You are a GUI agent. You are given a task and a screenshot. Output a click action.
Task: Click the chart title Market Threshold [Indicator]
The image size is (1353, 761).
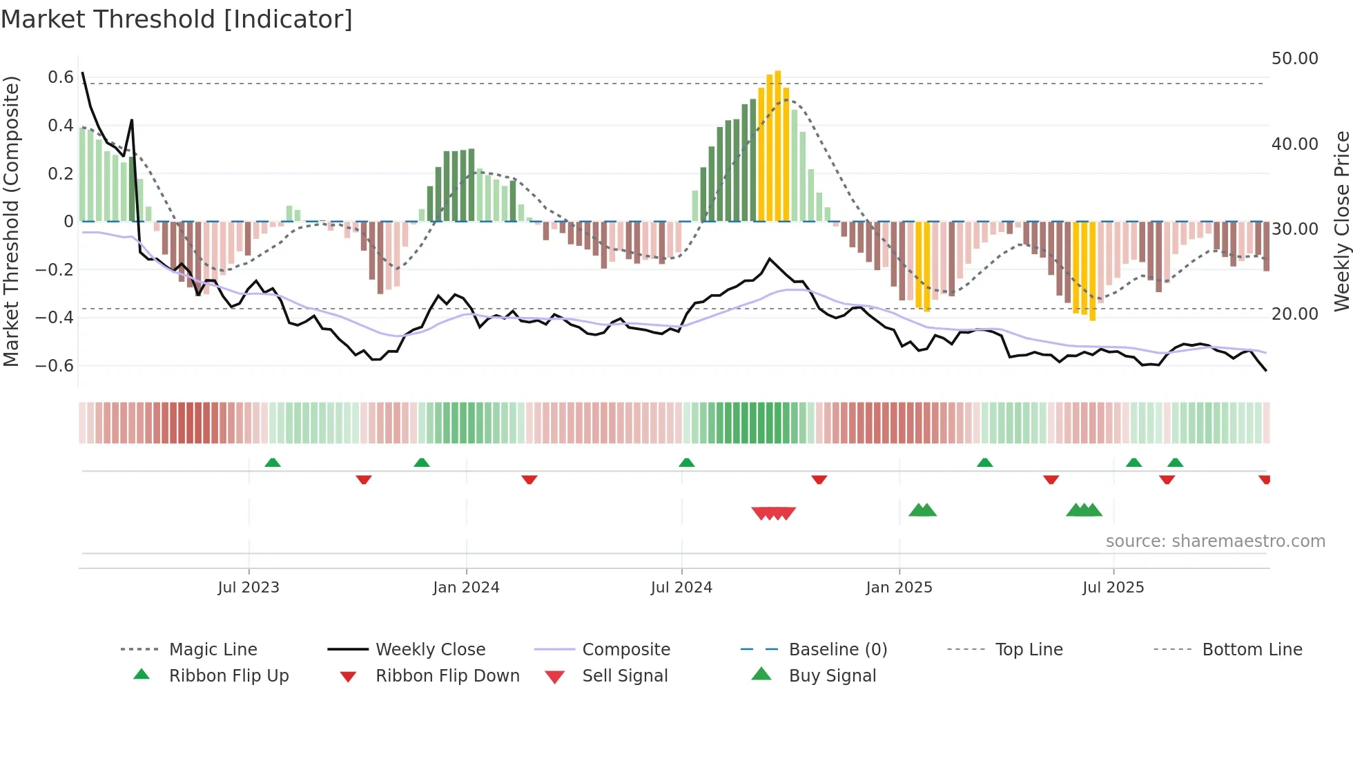(177, 19)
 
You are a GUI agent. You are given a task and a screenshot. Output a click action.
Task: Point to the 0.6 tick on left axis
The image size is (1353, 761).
(60, 77)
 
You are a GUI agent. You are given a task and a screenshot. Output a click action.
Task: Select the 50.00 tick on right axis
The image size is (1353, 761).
(1294, 59)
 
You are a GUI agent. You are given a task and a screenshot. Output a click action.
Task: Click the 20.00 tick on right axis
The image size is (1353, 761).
(1294, 314)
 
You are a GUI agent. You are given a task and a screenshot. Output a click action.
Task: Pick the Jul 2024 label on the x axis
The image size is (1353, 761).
(681, 588)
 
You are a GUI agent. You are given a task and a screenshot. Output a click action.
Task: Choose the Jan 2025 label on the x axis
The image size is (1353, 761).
(899, 588)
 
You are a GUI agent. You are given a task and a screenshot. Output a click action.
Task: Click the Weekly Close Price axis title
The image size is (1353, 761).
(1341, 221)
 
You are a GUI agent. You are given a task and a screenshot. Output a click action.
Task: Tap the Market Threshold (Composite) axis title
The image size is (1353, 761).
(11, 221)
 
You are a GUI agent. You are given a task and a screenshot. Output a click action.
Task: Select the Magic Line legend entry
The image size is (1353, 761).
(213, 650)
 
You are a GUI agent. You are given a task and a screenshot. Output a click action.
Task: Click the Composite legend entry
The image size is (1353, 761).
(626, 650)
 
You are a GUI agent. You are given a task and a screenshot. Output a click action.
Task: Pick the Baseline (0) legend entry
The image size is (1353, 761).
(837, 650)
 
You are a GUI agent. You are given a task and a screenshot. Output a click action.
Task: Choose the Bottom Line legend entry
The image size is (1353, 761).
(1252, 650)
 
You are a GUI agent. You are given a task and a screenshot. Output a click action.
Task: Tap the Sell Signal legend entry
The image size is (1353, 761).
(625, 676)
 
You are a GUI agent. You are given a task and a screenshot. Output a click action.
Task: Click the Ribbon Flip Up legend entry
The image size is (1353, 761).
(228, 676)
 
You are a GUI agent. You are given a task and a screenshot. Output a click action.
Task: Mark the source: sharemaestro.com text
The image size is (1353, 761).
(1215, 541)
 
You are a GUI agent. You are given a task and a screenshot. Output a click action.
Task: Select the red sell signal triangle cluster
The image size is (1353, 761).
(773, 513)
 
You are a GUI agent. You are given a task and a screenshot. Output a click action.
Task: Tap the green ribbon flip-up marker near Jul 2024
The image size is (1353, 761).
(686, 463)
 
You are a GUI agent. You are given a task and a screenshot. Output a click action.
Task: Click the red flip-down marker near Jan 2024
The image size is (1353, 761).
(529, 479)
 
